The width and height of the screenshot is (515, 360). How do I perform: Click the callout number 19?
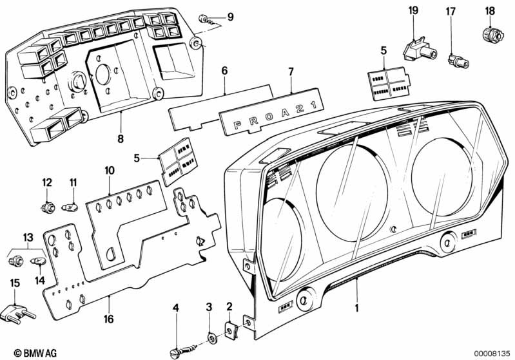[x=413, y=10]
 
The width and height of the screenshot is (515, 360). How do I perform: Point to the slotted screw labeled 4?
[x=184, y=350]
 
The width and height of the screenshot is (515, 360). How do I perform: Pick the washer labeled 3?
[x=211, y=337]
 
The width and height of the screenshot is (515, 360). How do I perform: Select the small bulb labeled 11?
[x=70, y=207]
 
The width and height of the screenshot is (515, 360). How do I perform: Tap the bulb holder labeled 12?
[x=47, y=207]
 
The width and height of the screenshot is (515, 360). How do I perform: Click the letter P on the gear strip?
[x=237, y=126]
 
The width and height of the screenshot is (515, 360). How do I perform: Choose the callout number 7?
[x=291, y=71]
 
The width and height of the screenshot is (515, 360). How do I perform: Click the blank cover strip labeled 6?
[x=220, y=107]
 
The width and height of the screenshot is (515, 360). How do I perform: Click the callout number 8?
[x=121, y=139]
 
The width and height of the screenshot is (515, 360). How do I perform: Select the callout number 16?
[x=108, y=319]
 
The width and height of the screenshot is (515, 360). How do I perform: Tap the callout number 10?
[x=110, y=170]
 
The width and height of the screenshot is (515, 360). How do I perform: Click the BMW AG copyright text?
[x=35, y=353]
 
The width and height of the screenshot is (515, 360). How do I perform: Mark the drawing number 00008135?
[x=492, y=354]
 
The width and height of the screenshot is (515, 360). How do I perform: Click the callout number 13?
[x=28, y=237]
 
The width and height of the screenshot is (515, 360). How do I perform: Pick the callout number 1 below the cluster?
[x=356, y=308]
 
